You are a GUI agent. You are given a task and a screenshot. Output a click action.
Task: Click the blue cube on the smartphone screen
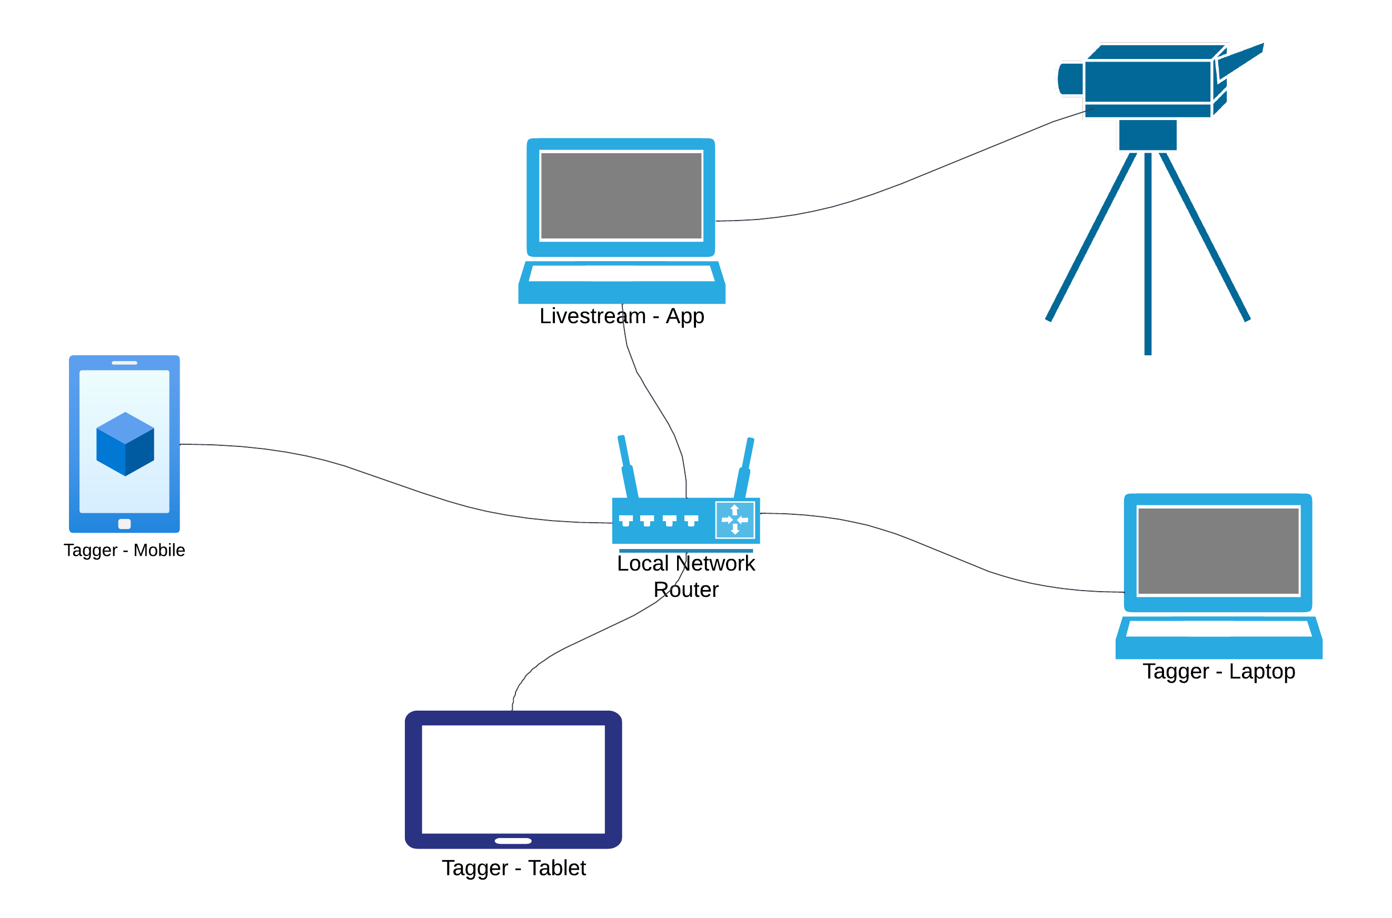tap(125, 444)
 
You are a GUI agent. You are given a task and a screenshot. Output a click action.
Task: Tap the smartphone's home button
tap(124, 524)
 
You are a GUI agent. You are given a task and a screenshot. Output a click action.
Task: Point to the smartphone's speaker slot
tap(124, 363)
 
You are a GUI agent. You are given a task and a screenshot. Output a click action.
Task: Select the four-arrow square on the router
tap(735, 520)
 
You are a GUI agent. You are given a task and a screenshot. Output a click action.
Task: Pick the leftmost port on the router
tap(625, 520)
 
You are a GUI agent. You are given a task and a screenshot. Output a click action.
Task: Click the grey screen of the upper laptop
tap(621, 195)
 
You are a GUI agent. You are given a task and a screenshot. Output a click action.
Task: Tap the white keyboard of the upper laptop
tap(621, 273)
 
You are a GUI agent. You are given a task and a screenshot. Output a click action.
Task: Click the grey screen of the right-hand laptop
tap(1218, 551)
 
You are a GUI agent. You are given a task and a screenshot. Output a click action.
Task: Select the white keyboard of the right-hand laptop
tap(1219, 629)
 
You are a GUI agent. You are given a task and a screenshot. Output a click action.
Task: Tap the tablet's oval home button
tap(513, 841)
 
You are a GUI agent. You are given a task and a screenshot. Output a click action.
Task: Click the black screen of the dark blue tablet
tap(513, 779)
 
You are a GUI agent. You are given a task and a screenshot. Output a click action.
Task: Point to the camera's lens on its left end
tap(1069, 78)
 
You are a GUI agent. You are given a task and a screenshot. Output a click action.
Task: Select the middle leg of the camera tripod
tap(1148, 252)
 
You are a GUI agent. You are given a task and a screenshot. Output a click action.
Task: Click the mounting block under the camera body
tap(1148, 135)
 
